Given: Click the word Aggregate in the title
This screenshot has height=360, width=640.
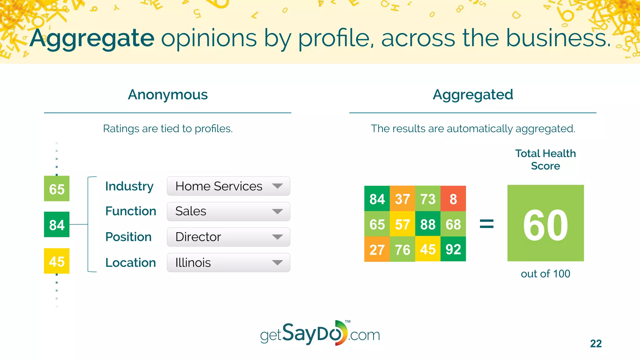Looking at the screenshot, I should (x=92, y=38).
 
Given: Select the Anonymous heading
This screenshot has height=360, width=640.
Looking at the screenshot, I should (x=168, y=94).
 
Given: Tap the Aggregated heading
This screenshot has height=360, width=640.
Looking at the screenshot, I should (x=473, y=94).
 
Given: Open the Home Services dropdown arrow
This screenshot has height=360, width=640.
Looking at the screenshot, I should (x=277, y=186).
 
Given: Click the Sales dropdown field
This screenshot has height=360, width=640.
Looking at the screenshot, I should (x=228, y=212).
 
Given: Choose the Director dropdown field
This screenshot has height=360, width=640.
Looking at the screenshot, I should (x=228, y=237).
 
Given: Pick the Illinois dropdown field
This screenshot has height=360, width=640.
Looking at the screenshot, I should (x=228, y=262).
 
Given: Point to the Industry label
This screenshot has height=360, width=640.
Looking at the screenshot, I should (x=129, y=186).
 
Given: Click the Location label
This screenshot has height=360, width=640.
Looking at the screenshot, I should (x=130, y=262).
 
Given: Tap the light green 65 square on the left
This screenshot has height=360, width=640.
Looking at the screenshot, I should (x=57, y=189).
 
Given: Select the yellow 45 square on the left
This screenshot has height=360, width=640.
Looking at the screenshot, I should (x=57, y=261).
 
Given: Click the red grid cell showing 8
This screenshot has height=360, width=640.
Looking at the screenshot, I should (x=453, y=199).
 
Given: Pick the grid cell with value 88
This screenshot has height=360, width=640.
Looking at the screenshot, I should (x=427, y=224).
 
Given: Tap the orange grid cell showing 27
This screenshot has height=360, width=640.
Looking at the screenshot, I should (x=377, y=249).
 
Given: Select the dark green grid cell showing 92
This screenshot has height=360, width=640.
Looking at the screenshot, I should (x=453, y=249).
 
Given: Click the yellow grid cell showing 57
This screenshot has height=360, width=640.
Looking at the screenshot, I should (x=402, y=224).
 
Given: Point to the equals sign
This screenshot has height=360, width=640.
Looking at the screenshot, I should (x=487, y=224).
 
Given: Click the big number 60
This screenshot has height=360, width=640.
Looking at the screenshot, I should (x=545, y=225).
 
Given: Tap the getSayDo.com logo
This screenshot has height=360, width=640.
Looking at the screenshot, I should (x=320, y=334).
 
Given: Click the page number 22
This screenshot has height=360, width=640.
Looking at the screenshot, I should (x=596, y=343).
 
